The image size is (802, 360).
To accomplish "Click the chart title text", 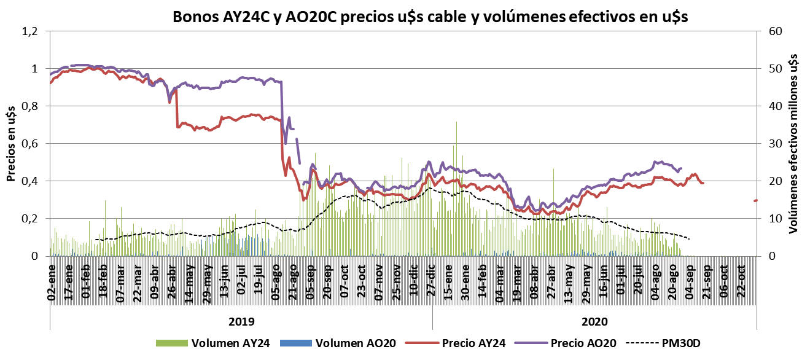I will (x=430, y=17).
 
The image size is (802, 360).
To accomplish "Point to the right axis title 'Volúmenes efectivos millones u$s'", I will (x=793, y=144).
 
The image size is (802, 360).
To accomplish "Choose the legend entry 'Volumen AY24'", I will (x=230, y=343).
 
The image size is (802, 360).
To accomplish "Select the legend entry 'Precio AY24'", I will (x=473, y=343).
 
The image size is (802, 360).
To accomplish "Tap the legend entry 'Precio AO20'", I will (x=583, y=343).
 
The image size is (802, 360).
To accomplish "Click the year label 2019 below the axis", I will (x=241, y=321).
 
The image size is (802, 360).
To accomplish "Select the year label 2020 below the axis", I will (x=594, y=321).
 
